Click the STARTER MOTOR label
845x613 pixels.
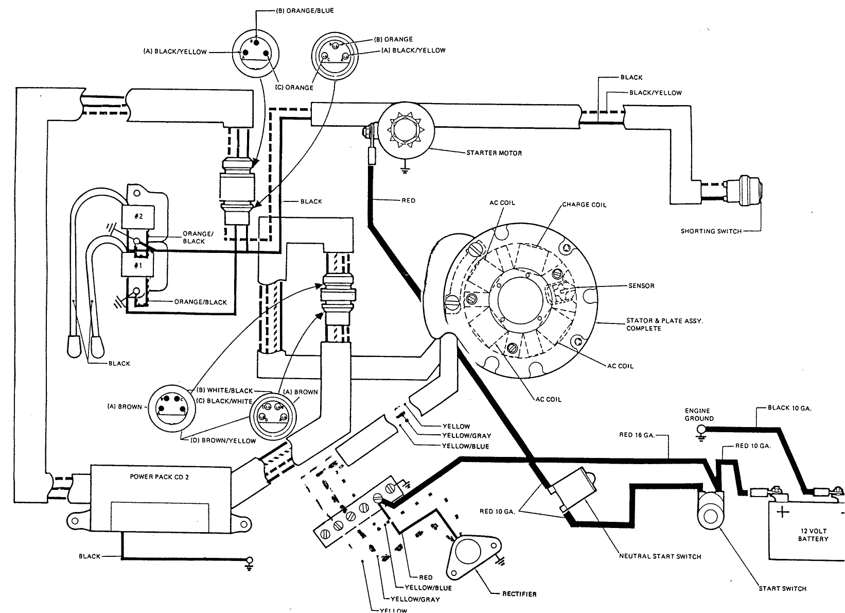click(494, 153)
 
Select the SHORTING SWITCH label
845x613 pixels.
click(711, 231)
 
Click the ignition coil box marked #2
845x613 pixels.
click(138, 216)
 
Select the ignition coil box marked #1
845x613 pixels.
click(138, 265)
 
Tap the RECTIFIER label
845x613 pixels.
click(519, 594)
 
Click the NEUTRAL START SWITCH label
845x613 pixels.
click(660, 556)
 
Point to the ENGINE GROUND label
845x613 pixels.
click(699, 415)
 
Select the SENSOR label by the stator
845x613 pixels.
click(641, 285)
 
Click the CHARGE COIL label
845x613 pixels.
click(584, 205)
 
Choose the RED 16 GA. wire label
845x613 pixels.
click(636, 435)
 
